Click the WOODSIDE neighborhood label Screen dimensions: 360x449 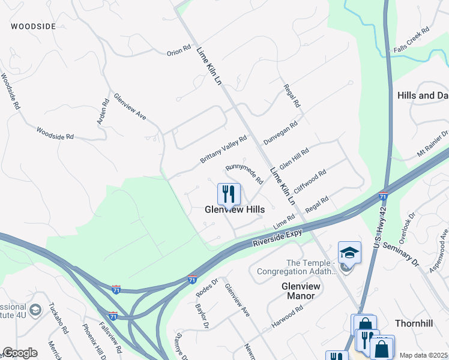click(x=33, y=26)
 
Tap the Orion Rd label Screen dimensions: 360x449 click(x=179, y=52)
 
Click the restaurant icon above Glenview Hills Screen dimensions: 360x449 click(x=229, y=193)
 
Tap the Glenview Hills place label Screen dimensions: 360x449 click(x=235, y=209)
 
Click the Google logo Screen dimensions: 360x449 click(x=20, y=352)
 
